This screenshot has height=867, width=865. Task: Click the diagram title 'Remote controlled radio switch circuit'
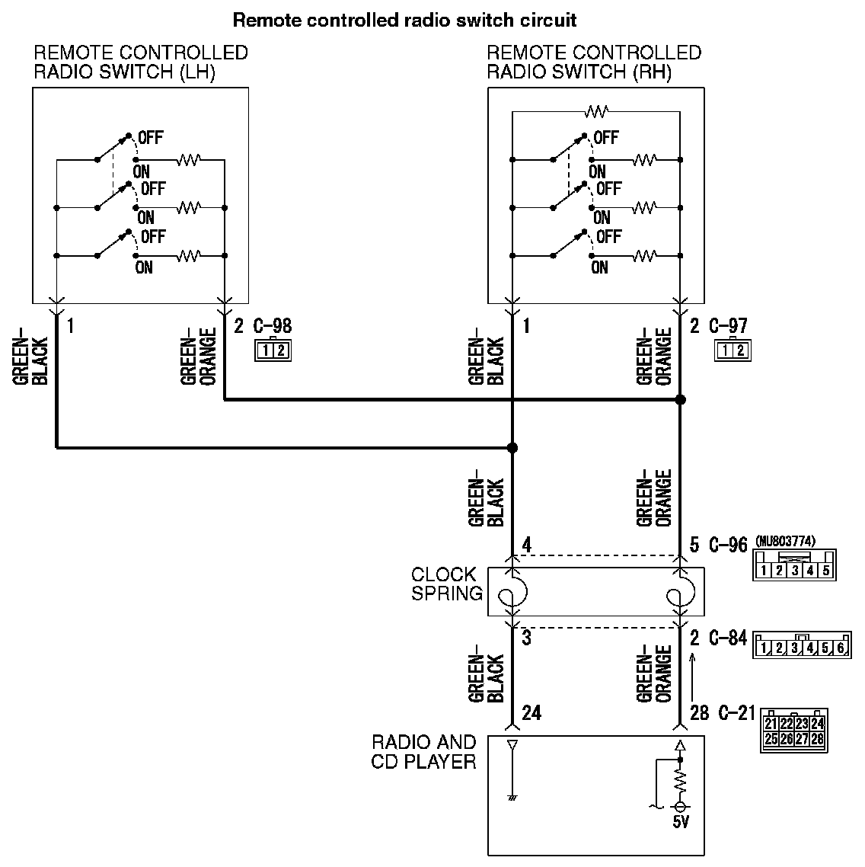point(404,20)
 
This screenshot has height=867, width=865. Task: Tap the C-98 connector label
point(272,326)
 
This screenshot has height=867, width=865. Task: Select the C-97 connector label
point(728,326)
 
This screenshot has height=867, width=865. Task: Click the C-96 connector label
point(728,545)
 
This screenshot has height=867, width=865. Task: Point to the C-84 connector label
point(728,638)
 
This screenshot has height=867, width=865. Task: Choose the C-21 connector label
point(734,713)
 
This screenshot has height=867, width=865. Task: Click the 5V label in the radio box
point(680,823)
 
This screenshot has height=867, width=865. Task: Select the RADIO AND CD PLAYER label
point(423,751)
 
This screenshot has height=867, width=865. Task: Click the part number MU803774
point(786,542)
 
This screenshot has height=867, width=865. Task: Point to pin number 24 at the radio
point(531,713)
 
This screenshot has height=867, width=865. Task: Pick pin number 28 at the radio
point(699,713)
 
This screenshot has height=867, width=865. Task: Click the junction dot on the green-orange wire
point(680,399)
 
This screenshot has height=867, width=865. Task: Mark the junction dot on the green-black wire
point(512,448)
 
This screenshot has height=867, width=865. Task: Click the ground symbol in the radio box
point(512,798)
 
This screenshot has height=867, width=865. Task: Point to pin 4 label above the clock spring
point(526,545)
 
